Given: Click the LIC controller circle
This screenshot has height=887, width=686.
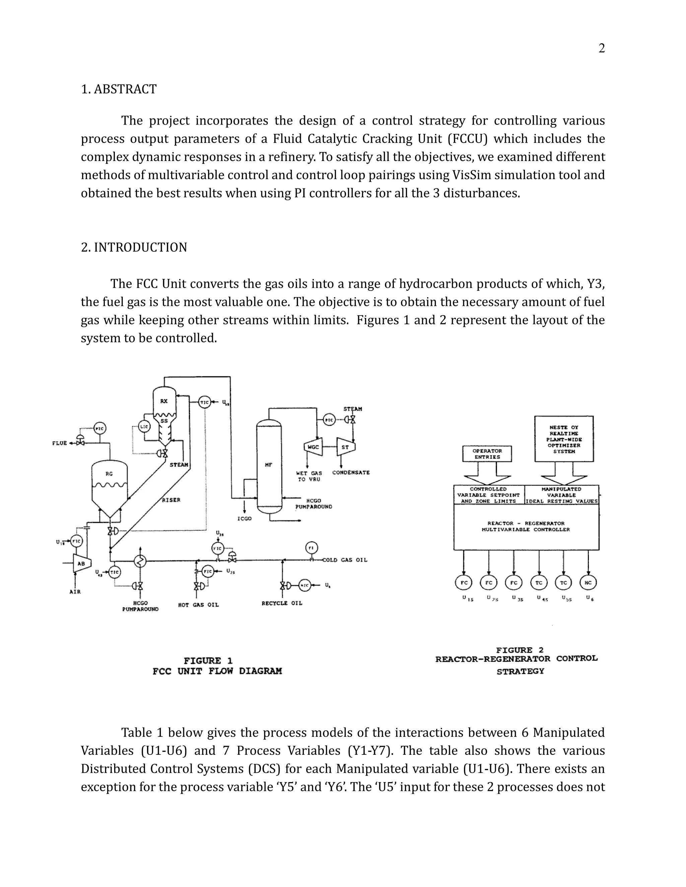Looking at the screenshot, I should click(x=145, y=426).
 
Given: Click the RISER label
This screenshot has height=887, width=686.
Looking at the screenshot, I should click(x=171, y=500).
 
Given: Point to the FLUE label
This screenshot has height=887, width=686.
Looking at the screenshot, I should click(x=59, y=443).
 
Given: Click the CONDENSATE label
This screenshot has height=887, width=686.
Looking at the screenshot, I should click(x=351, y=472).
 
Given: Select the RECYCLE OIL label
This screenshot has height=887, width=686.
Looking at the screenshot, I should click(x=282, y=603).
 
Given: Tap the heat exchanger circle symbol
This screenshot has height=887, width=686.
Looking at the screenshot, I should click(x=140, y=561).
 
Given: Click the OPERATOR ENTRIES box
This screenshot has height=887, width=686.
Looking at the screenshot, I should click(x=487, y=454).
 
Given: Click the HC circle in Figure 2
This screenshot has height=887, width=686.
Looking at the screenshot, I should click(x=588, y=582).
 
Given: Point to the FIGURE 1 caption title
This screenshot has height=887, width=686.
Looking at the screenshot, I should click(x=208, y=661).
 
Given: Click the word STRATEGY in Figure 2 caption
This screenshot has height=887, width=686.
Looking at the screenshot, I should click(x=520, y=671).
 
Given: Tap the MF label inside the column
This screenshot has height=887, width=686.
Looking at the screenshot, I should click(x=269, y=465).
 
